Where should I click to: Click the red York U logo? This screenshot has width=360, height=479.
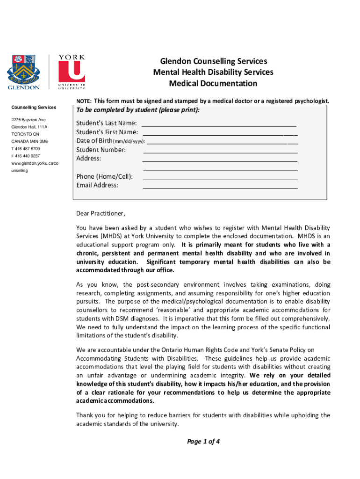[72, 72]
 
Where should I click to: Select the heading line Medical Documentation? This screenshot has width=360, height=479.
[213, 84]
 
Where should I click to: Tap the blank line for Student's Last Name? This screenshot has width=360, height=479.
[219, 126]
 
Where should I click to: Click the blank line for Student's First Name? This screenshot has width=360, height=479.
[220, 135]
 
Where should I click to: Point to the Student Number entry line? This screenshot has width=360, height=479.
[220, 152]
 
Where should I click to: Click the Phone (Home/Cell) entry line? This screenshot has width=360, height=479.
[220, 179]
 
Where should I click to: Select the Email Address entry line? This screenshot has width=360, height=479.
[220, 188]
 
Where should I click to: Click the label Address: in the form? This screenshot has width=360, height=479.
[88, 159]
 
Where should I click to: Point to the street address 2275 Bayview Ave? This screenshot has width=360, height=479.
[29, 120]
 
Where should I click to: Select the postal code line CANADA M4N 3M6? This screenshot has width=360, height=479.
[29, 141]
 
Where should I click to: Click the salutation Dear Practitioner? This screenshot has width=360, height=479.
[101, 214]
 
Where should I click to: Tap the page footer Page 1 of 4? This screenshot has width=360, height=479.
[203, 442]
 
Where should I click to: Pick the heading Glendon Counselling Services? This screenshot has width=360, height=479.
[213, 61]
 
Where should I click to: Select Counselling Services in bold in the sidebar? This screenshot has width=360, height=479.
[33, 108]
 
